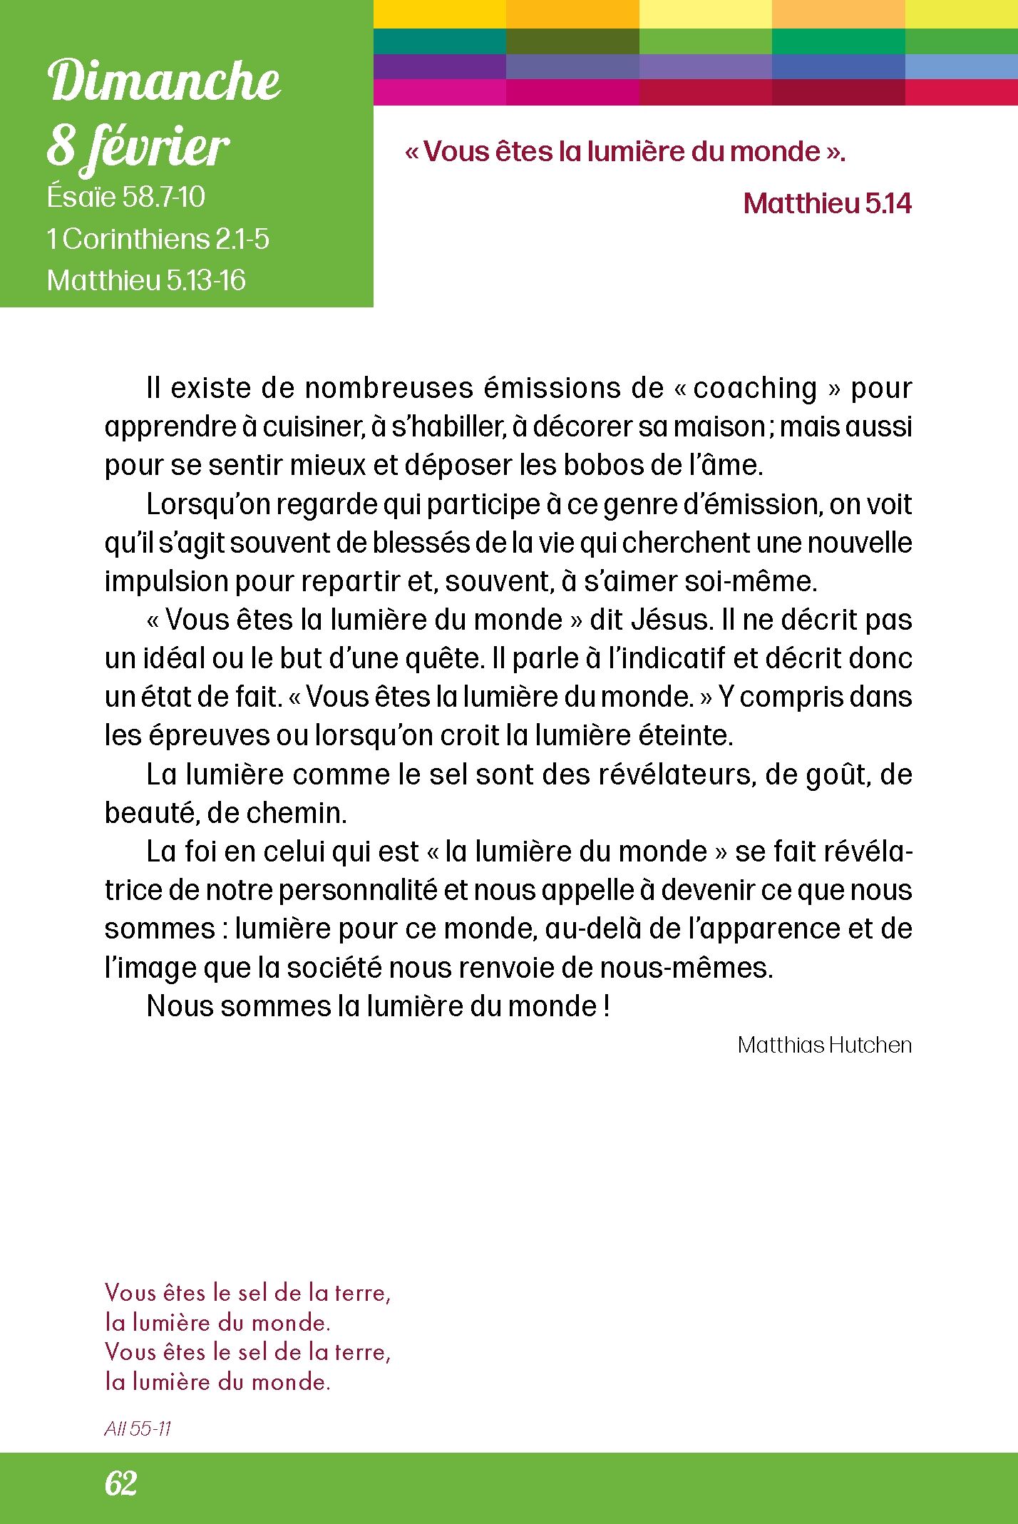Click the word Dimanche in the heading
click(x=165, y=81)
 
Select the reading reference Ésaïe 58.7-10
click(x=126, y=197)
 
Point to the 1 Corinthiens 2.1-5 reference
click(x=158, y=239)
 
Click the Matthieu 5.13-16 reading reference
click(x=146, y=280)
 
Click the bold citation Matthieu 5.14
click(x=827, y=204)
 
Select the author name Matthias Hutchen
click(x=825, y=1045)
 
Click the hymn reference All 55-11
click(x=138, y=1428)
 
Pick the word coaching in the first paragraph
click(x=755, y=389)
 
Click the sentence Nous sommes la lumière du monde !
click(x=378, y=1006)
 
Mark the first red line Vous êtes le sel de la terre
click(x=247, y=1292)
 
